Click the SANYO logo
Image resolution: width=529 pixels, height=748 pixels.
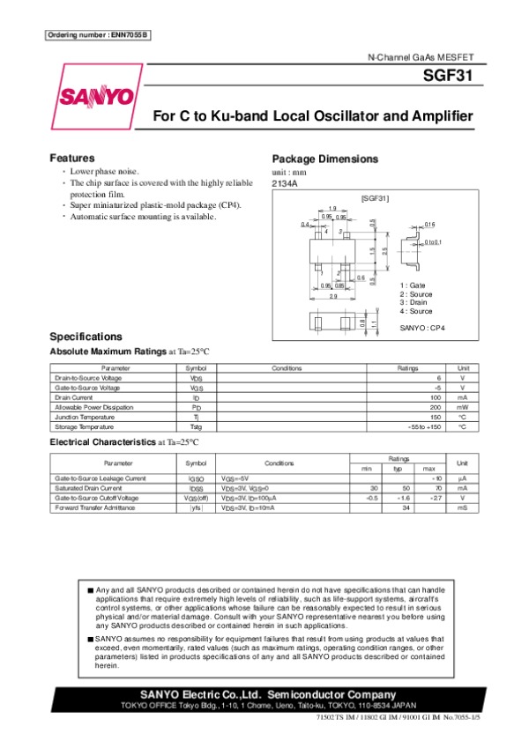(97, 95)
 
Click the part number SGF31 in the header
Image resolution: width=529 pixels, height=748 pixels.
(453, 76)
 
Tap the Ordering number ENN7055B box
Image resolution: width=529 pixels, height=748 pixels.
(97, 34)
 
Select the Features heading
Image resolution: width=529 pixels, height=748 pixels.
(72, 158)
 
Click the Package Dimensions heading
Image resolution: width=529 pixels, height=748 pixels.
(325, 159)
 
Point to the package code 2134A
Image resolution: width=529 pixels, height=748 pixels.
(285, 183)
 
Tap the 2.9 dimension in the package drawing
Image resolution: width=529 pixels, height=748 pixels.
(333, 296)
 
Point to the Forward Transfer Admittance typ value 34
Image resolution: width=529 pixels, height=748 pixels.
(406, 508)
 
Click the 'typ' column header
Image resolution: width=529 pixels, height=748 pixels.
(398, 468)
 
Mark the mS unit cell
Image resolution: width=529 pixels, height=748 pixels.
(461, 508)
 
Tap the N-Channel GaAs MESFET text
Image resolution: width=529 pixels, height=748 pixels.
(422, 56)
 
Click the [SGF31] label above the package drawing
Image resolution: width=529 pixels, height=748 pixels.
(376, 198)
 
